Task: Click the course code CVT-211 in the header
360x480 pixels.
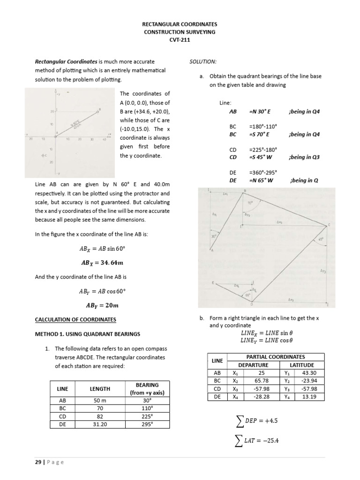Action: [180, 40]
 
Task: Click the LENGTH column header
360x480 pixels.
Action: [100, 389]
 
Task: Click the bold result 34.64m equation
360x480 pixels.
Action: [104, 262]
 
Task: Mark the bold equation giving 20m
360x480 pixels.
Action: [103, 306]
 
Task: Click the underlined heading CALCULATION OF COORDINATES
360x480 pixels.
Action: [75, 320]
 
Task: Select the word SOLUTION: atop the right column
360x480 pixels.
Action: [202, 61]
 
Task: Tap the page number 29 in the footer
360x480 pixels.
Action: [37, 462]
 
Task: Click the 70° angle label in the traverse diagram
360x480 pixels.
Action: [250, 204]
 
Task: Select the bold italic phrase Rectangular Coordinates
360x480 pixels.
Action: [66, 61]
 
